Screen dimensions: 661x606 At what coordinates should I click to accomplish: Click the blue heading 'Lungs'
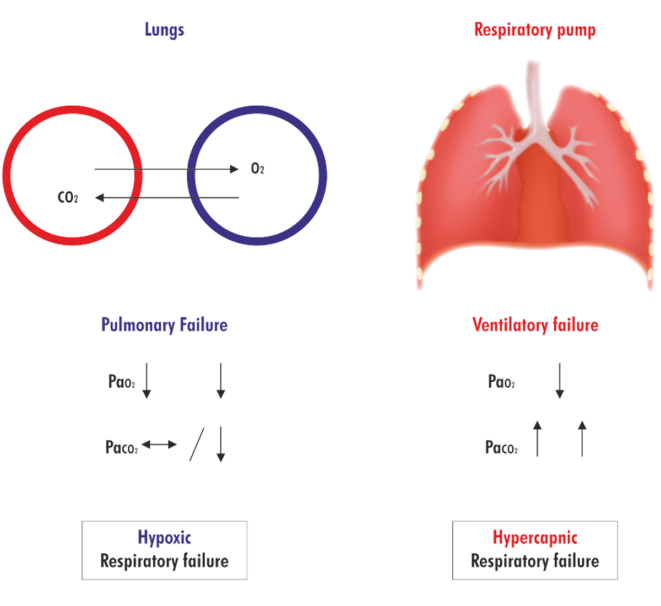[165, 30]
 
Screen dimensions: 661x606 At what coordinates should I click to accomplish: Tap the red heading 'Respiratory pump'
[535, 30]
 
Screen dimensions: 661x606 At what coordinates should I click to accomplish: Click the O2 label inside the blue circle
[257, 169]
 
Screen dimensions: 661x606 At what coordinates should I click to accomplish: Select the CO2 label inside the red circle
[68, 197]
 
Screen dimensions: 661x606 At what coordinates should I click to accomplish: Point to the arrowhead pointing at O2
[234, 169]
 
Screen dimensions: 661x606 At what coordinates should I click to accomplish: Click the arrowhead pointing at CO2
[100, 197]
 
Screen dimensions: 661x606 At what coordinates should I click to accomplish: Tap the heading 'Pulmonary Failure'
[164, 325]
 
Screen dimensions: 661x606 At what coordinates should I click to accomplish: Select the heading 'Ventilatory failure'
[535, 324]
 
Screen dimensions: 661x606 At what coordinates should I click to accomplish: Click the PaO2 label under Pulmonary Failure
[122, 381]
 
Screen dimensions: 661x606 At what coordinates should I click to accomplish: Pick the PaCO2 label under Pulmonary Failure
[122, 447]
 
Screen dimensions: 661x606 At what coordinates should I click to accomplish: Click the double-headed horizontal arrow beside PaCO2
[159, 445]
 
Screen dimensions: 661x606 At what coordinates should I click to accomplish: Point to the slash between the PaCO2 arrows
[197, 445]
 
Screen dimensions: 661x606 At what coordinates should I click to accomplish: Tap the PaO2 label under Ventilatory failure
[501, 381]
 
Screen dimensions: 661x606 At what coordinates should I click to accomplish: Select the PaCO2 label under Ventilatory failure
[501, 447]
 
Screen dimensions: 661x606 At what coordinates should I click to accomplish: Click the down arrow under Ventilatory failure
[560, 381]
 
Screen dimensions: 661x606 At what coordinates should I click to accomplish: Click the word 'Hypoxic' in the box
[165, 538]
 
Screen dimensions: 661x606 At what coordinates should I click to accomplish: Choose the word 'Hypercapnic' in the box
[535, 538]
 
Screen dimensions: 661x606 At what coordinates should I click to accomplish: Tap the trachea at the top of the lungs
[533, 96]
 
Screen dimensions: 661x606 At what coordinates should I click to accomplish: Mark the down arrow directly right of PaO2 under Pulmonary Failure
[147, 381]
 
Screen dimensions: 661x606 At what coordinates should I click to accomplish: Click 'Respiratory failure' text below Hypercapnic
[535, 561]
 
